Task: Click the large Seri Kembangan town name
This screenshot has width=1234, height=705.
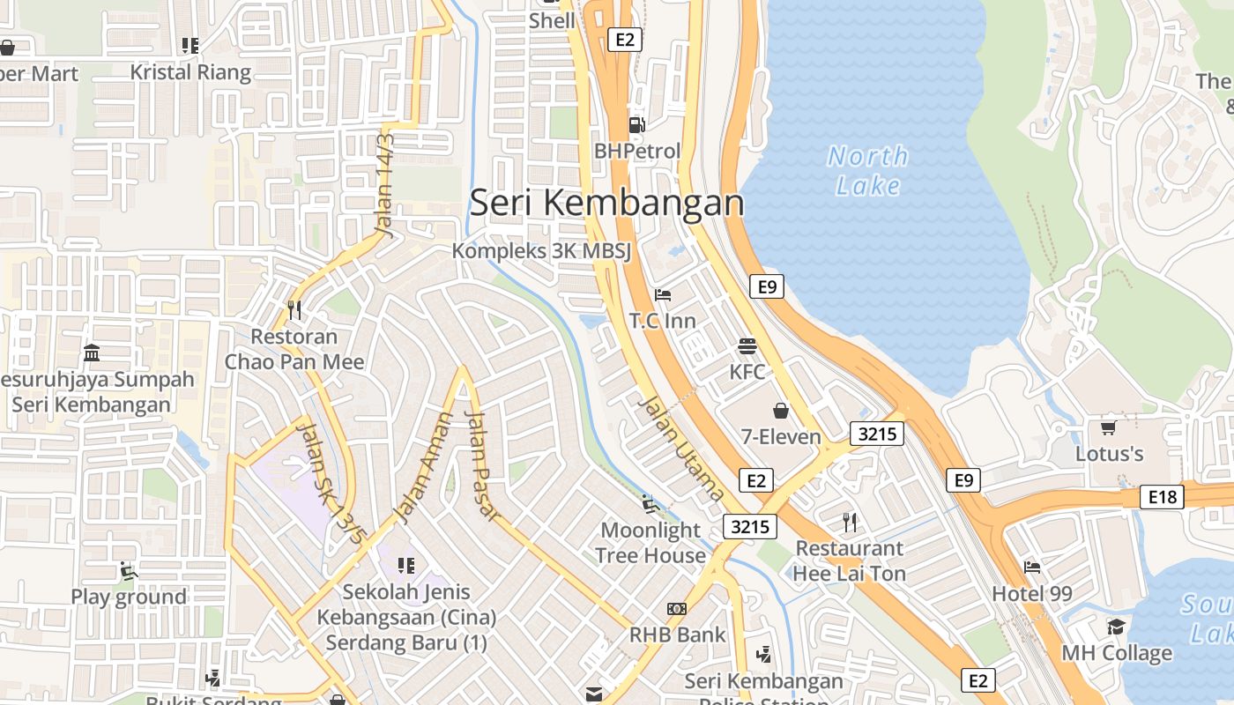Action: [x=606, y=203]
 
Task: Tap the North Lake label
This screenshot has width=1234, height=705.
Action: [x=868, y=171]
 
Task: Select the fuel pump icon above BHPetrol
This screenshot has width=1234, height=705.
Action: [x=636, y=125]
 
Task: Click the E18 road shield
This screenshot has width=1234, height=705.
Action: [x=1162, y=497]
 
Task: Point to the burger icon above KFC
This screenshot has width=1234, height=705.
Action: [x=747, y=345]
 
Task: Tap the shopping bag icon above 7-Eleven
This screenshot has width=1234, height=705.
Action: [x=781, y=411]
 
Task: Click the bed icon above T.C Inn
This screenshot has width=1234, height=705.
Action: [x=663, y=294]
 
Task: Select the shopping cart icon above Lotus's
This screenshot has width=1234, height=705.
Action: [x=1109, y=427]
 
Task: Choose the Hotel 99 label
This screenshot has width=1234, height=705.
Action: [x=1032, y=593]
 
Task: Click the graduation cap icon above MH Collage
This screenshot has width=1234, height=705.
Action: [x=1116, y=627]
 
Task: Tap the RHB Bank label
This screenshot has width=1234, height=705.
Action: [x=677, y=634]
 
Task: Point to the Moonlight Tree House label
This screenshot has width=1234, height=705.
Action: [x=650, y=542]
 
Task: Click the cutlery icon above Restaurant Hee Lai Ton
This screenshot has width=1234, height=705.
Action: [x=849, y=522]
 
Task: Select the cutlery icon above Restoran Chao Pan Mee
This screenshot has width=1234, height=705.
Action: [x=294, y=309]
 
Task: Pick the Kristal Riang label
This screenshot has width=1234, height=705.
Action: [x=190, y=72]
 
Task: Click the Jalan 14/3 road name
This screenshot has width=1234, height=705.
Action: [x=385, y=184]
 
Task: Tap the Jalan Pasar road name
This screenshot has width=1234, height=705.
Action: [x=481, y=464]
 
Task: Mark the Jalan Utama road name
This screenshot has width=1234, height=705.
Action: [x=680, y=448]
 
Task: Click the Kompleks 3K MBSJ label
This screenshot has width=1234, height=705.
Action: [x=542, y=251]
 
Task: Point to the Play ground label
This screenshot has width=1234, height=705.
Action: [x=129, y=597]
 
